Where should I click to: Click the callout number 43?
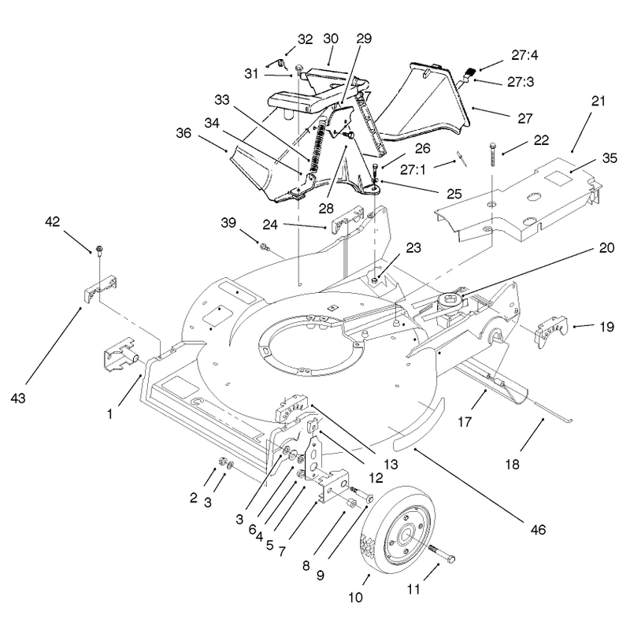[18, 398]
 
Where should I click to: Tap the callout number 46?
[538, 529]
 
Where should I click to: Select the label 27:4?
[524, 55]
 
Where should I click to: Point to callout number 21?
[598, 101]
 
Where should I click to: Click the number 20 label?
[606, 248]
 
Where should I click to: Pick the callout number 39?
[228, 223]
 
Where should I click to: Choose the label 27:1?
[413, 170]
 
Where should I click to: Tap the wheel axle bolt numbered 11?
[442, 554]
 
